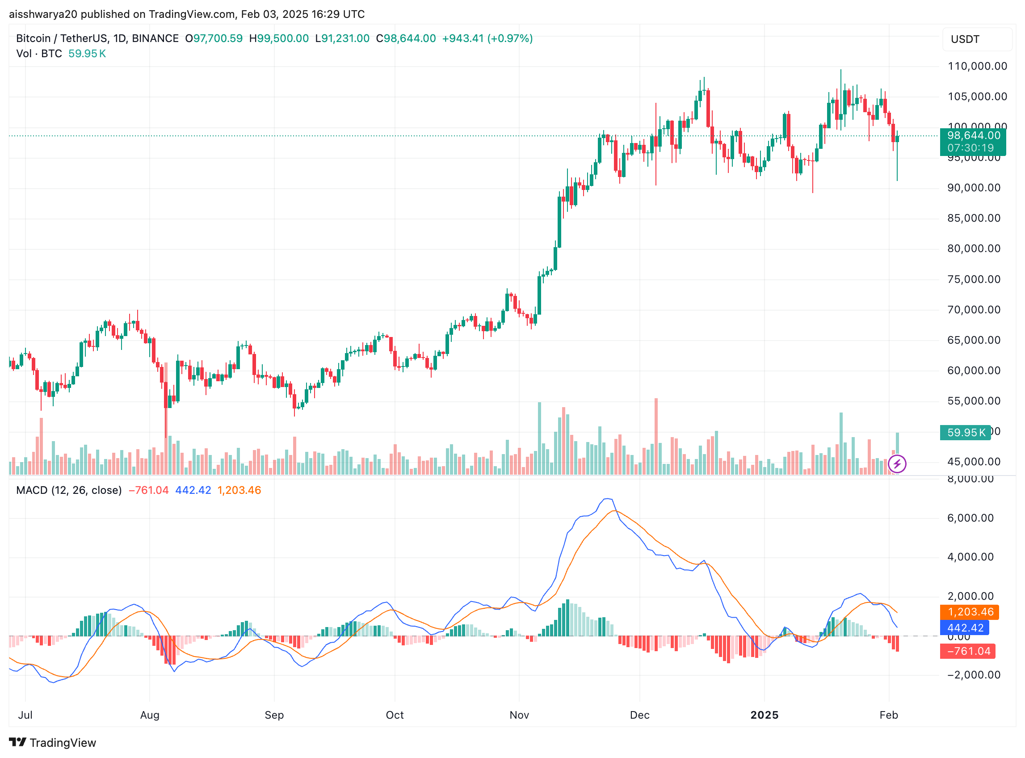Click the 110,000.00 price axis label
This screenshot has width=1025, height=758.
tap(977, 66)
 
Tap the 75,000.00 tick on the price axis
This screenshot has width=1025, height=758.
tap(974, 279)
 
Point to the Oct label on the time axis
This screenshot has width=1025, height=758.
tap(395, 715)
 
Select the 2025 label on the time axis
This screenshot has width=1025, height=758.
tap(764, 715)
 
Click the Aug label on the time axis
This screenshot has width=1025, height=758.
tap(150, 715)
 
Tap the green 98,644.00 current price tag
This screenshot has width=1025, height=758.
tap(973, 136)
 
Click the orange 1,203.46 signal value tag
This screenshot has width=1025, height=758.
tap(970, 612)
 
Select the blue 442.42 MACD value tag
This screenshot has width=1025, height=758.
tap(965, 627)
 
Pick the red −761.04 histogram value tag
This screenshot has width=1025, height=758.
tap(968, 651)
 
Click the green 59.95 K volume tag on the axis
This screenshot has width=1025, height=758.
tap(966, 433)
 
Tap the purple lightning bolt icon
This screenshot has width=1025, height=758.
tap(897, 464)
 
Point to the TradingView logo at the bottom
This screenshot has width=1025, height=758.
tap(53, 743)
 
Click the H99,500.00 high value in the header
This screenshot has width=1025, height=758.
tap(279, 38)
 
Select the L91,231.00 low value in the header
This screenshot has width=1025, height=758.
tap(342, 38)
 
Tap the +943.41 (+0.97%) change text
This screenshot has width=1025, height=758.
tap(487, 38)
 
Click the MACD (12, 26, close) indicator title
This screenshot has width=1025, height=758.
tap(69, 490)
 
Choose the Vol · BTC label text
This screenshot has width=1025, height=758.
tap(39, 54)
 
